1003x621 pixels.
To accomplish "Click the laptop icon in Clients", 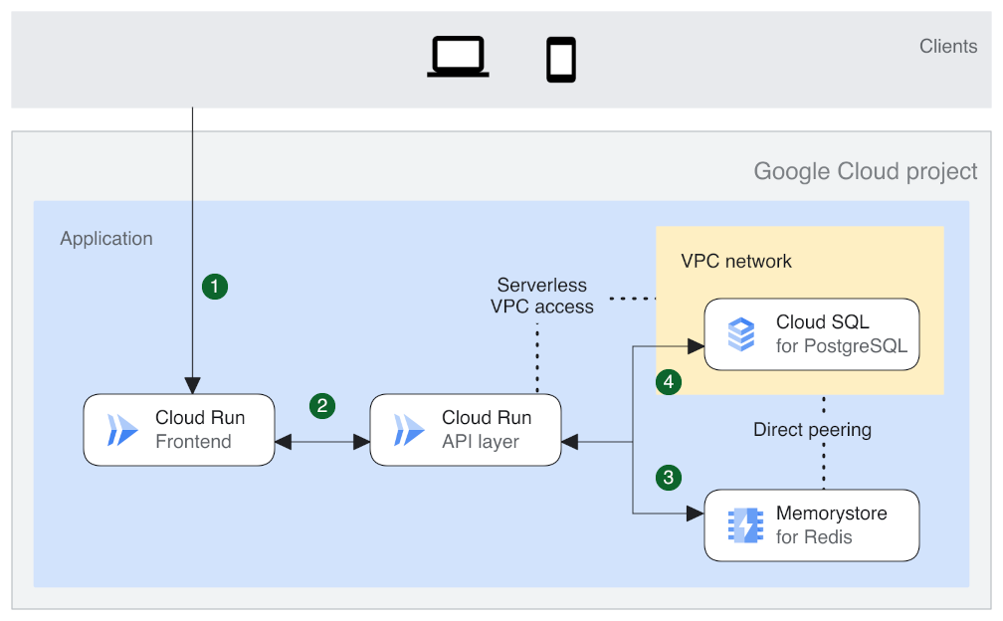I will coord(458,57).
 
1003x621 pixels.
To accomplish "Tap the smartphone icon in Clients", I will coord(561,60).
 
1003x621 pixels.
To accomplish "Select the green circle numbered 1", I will coord(215,287).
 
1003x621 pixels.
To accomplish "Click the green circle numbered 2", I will coord(321,405).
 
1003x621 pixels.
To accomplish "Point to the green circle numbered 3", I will coord(669,477).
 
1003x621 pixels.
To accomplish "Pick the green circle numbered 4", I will coord(669,381).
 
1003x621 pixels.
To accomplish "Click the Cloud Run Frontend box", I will coord(178,429).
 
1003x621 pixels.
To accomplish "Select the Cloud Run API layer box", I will coord(465,429).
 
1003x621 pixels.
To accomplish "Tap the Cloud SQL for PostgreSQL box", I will coord(811,334).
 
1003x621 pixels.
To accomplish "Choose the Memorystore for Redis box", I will coord(811,524).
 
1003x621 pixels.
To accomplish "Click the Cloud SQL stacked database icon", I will coord(741,334).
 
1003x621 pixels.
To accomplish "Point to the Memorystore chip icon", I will coord(741,525).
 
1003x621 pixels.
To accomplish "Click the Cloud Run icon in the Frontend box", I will coord(123,430).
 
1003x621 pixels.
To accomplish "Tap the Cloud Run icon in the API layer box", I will coord(409,430).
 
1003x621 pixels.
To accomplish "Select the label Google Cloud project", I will coord(866,171).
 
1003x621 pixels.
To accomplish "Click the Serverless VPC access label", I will coord(542,296).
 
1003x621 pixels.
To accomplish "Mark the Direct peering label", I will coord(812,430).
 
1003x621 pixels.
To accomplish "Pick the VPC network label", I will coord(736,261).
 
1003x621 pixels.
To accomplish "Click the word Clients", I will coord(948,46).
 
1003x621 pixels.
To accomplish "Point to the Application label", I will coord(106,239).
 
